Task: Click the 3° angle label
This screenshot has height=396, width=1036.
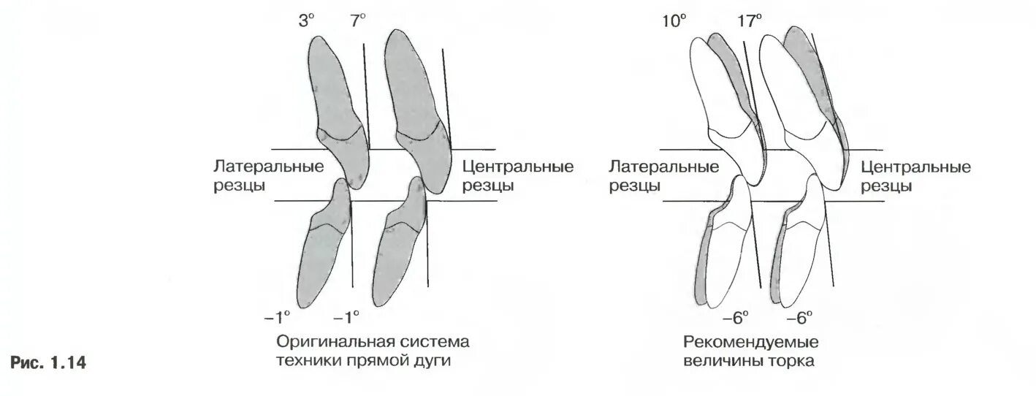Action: click(305, 21)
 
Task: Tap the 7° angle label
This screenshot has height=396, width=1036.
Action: click(358, 21)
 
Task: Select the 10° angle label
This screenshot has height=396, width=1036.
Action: click(674, 21)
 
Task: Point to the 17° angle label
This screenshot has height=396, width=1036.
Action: click(750, 21)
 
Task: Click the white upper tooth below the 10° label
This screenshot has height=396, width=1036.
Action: click(720, 110)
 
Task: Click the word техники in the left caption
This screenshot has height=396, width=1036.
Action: click(308, 361)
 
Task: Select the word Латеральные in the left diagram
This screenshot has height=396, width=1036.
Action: click(269, 167)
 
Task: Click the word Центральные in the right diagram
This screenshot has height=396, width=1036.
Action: click(916, 167)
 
